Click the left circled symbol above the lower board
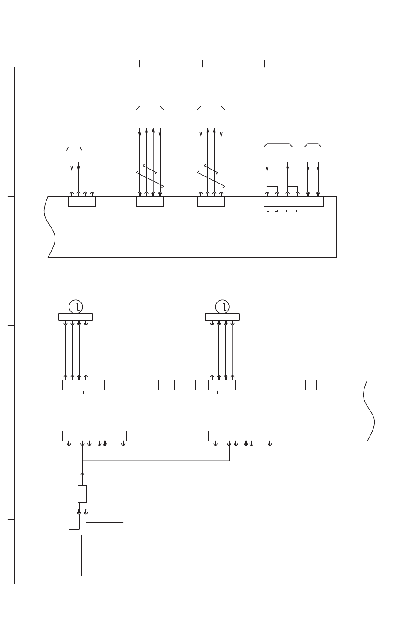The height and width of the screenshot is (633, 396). [x=76, y=306]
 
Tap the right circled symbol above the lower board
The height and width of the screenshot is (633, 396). [x=222, y=306]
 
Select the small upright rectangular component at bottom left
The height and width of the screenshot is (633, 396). [x=83, y=494]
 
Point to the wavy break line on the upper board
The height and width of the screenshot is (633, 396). [x=51, y=227]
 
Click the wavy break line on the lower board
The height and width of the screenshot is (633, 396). [x=370, y=410]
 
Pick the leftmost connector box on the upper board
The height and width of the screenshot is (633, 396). [x=82, y=201]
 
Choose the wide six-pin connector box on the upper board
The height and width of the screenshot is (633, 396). [x=293, y=201]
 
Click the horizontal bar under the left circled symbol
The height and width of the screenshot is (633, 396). [x=75, y=316]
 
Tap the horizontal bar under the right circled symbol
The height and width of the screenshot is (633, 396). [x=222, y=316]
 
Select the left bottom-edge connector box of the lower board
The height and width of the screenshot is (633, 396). [x=94, y=436]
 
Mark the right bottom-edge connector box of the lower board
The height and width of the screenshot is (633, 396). [x=241, y=436]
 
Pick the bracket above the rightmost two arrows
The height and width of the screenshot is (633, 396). [x=313, y=145]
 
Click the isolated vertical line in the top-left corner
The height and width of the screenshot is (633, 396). [x=75, y=92]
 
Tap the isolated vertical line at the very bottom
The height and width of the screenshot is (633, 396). [x=81, y=555]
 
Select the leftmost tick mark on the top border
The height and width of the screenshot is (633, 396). [x=77, y=63]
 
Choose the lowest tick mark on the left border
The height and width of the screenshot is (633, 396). [x=11, y=520]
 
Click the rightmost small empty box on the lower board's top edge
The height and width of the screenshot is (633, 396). [x=327, y=385]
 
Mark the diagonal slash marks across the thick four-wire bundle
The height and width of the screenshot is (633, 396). [x=150, y=176]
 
